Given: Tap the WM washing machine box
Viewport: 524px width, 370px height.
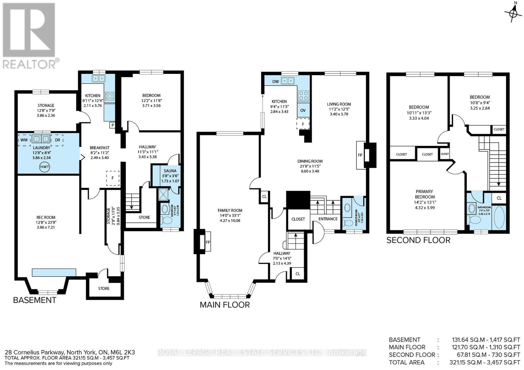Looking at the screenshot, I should (24, 140).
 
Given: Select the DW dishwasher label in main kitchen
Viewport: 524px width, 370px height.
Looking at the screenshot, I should (275, 81).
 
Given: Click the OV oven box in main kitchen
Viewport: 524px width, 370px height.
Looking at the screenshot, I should (303, 110).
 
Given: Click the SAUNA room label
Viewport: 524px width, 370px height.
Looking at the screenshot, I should (170, 171).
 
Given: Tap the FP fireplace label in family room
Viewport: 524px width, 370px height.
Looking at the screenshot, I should (208, 242).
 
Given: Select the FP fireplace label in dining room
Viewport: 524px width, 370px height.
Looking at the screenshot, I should (360, 155).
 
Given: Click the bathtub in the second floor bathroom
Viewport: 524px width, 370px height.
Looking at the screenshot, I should (499, 218).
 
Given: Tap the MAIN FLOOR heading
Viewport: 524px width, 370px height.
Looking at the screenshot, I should (225, 305).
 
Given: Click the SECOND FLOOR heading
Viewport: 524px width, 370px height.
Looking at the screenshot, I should (418, 240).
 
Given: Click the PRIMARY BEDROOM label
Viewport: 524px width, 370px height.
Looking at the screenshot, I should (425, 194).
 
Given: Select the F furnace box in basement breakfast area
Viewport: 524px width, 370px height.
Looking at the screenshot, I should (113, 178).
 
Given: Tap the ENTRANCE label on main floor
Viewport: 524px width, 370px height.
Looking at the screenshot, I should (328, 219).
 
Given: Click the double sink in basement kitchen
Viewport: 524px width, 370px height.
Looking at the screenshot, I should (98, 78).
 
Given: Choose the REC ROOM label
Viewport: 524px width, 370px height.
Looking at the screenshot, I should (46, 217).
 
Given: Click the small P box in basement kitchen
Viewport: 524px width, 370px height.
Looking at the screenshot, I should (112, 125).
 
